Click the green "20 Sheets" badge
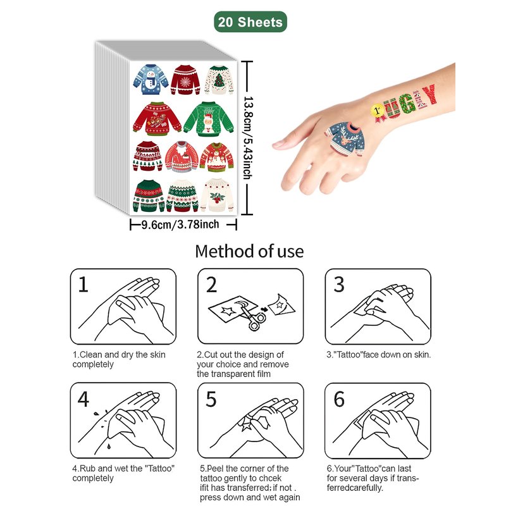coord(250,22)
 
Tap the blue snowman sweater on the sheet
coord(151,80)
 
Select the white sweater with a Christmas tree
coord(219,80)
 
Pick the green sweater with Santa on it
coord(209,119)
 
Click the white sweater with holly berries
coord(217,195)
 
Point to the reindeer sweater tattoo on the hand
coord(345,138)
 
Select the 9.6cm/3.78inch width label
coord(180,224)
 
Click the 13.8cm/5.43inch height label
coord(248,137)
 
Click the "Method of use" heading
coord(249,251)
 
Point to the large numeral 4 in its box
coord(83,399)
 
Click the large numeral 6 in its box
coord(339,399)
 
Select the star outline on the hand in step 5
coord(247,423)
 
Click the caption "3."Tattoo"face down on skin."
coord(378,355)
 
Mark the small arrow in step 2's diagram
coord(264,309)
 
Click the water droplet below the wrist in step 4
coord(109,447)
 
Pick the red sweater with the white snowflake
coord(185,80)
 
